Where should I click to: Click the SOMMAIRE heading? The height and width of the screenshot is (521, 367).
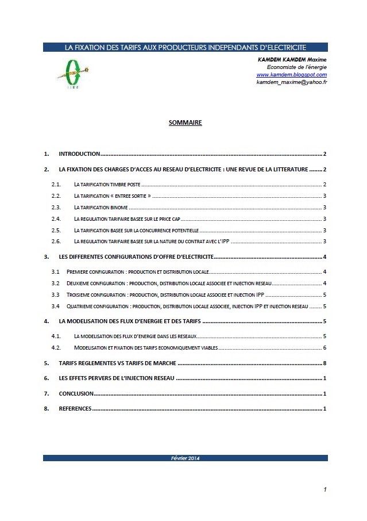click(185, 122)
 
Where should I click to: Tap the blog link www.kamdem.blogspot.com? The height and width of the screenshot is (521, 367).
click(291, 75)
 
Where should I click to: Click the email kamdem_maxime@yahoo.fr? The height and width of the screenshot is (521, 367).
click(291, 82)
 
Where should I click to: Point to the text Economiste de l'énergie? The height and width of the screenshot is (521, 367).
click(297, 67)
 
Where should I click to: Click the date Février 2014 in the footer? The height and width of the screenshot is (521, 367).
click(185, 458)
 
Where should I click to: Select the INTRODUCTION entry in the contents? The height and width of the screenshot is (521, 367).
click(80, 154)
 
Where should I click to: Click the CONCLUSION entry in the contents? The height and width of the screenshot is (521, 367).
click(76, 393)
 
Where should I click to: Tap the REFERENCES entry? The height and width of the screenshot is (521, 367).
click(75, 408)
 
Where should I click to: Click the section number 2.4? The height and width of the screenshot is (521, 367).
click(56, 219)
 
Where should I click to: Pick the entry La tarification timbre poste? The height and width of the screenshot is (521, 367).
click(107, 185)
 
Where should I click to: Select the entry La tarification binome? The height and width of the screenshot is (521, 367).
click(101, 207)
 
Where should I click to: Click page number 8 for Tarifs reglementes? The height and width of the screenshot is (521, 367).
click(325, 363)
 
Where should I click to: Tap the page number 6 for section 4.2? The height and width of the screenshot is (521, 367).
click(325, 348)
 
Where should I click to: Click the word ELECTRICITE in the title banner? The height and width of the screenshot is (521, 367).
click(285, 47)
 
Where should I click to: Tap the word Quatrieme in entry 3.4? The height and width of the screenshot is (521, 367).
click(82, 307)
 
